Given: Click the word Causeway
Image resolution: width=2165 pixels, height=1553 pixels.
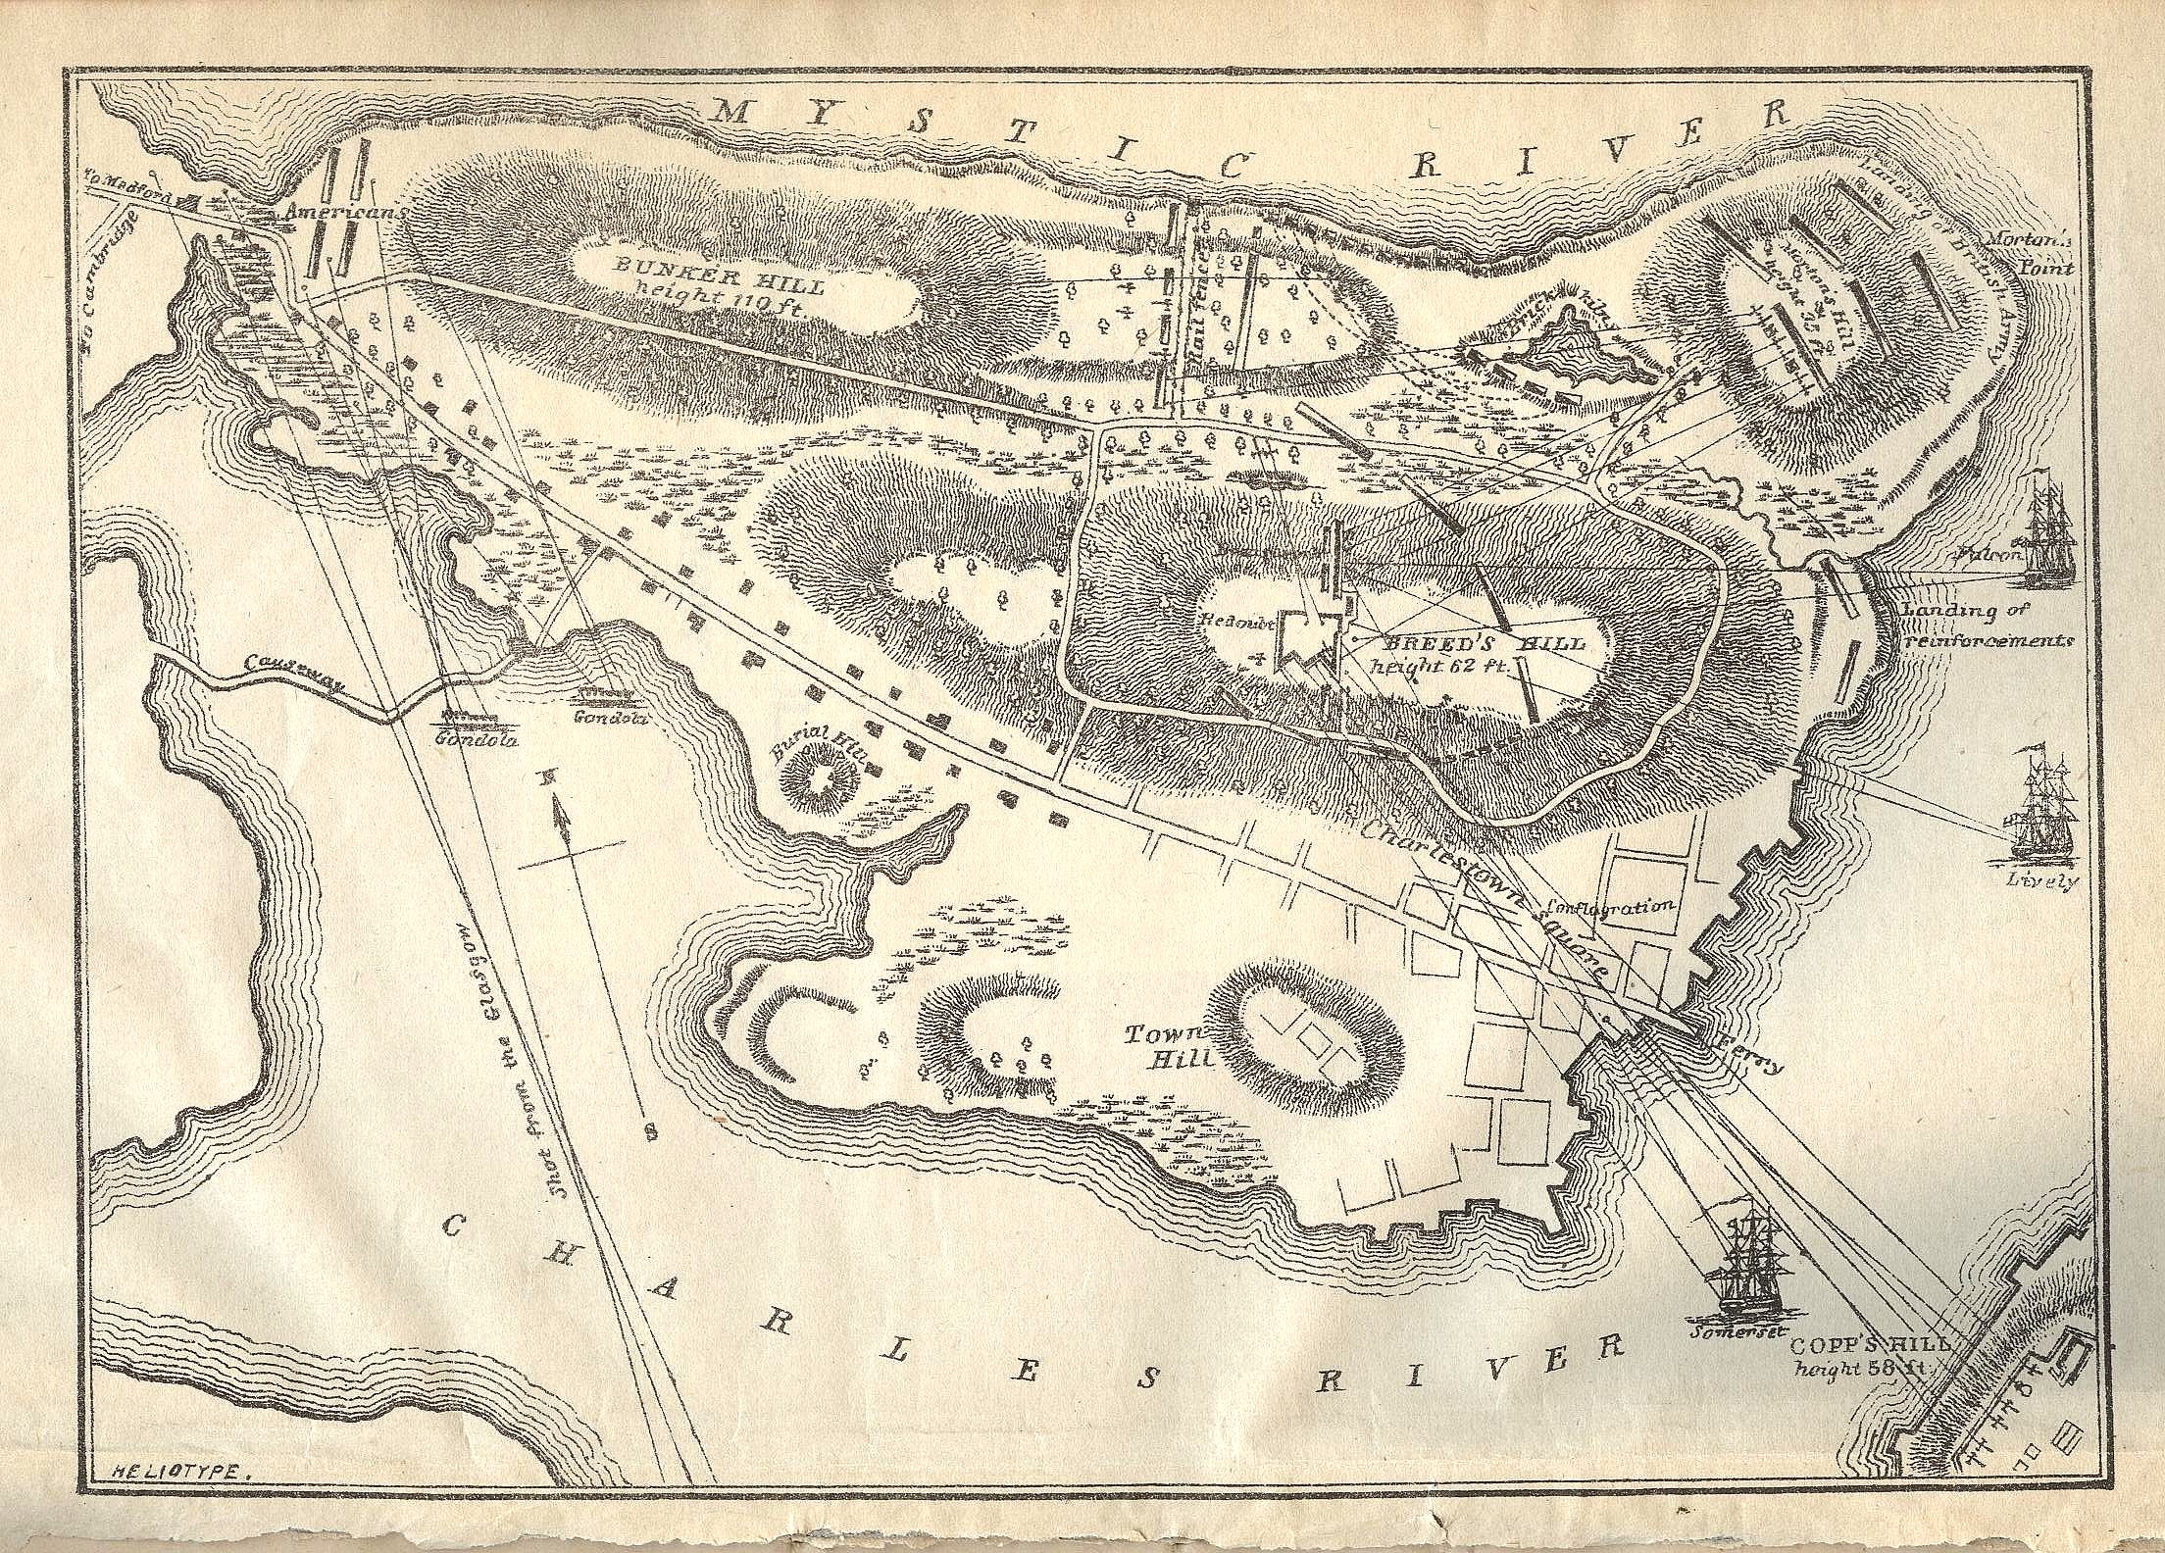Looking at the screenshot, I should pos(289,676).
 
